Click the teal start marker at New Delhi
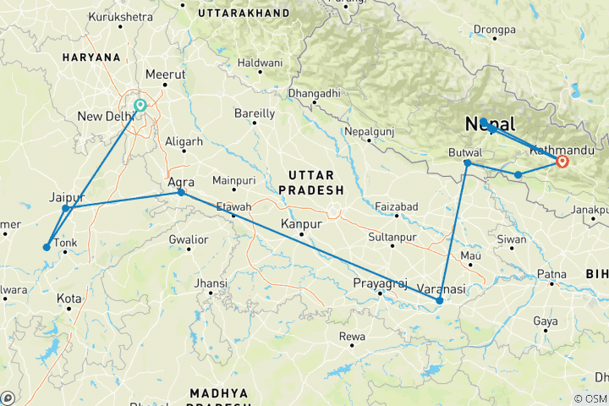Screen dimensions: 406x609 point(140,106)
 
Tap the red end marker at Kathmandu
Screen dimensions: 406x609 point(562,161)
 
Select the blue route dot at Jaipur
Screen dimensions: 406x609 point(66,208)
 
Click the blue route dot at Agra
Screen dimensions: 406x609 point(181,193)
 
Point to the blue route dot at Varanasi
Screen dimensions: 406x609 point(439,300)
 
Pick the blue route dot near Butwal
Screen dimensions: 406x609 point(468,162)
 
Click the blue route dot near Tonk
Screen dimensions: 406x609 point(47,247)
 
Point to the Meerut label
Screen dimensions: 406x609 point(165,74)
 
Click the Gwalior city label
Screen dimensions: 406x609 point(188,239)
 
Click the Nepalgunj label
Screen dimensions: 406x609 point(370,133)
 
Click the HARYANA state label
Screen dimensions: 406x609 point(91,57)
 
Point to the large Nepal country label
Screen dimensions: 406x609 point(490,124)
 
